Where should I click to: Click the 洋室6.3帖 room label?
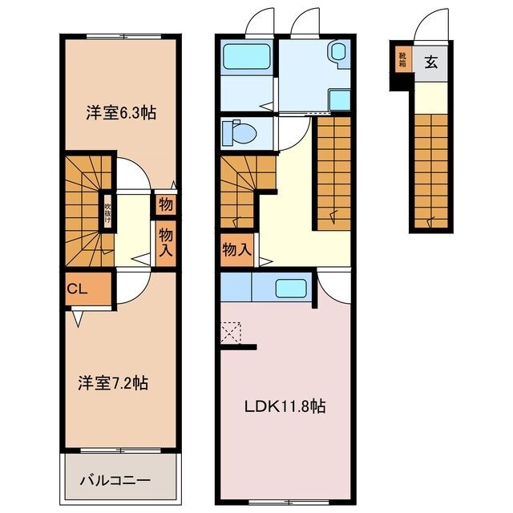(120, 113)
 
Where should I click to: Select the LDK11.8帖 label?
(285, 406)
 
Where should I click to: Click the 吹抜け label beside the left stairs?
(107, 212)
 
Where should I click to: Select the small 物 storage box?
(166, 204)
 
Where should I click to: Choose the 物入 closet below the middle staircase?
(236, 250)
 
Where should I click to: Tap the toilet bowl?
(236, 131)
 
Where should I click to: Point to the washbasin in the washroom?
(337, 53)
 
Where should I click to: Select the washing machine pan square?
(339, 99)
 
